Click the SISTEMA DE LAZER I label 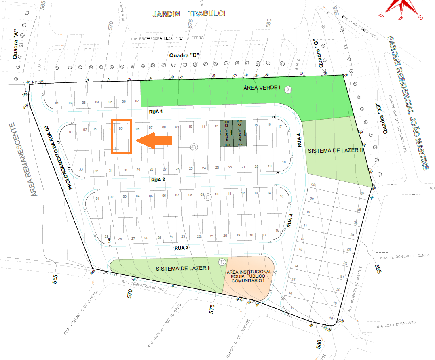pyautogui.click(x=182, y=268)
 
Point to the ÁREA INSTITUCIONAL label pyautogui.click(x=249, y=276)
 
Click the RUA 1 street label pyautogui.click(x=155, y=111)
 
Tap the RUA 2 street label pyautogui.click(x=159, y=179)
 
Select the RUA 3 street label pyautogui.click(x=182, y=248)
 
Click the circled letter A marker pyautogui.click(x=288, y=89)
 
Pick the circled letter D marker pyautogui.click(x=222, y=262)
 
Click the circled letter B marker pyautogui.click(x=194, y=147)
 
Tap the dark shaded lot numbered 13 pyautogui.click(x=226, y=133)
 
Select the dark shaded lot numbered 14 pyautogui.click(x=239, y=133)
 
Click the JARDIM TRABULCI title pyautogui.click(x=188, y=14)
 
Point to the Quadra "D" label pyautogui.click(x=185, y=55)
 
